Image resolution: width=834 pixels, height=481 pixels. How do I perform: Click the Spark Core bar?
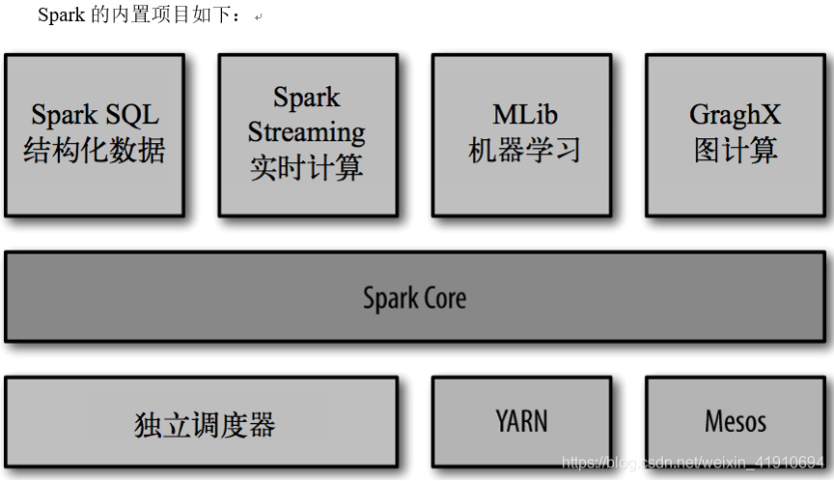(415, 297)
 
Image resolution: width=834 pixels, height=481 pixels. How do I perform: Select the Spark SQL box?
(95, 134)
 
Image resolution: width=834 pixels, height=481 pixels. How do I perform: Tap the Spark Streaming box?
(307, 134)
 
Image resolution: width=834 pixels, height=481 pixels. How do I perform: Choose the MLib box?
(521, 134)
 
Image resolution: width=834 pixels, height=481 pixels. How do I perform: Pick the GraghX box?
(735, 134)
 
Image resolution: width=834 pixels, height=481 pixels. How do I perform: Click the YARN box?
(521, 422)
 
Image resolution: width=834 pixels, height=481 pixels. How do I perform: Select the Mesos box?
(735, 422)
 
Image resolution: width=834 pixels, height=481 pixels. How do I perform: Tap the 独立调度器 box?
(202, 423)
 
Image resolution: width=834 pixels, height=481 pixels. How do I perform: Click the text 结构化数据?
(95, 151)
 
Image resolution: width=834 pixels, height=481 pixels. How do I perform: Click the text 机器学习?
(524, 151)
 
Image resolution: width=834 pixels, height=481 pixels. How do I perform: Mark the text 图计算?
(736, 151)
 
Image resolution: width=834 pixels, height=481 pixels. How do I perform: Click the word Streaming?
(307, 131)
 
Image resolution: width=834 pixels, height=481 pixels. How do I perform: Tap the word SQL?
(131, 115)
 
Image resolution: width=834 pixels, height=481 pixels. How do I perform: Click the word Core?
(443, 297)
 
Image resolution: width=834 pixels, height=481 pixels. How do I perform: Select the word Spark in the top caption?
(61, 16)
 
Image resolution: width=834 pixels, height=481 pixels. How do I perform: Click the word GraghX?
(735, 116)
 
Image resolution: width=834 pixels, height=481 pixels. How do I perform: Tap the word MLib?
(525, 115)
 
